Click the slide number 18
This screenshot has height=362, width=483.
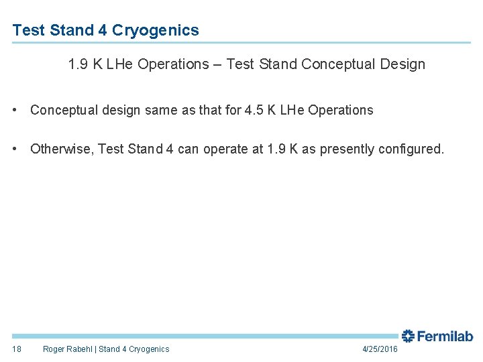coord(17,349)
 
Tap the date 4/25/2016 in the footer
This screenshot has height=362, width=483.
coord(380,349)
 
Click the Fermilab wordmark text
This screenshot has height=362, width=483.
coord(445,337)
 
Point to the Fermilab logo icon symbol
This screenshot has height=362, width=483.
coord(408,336)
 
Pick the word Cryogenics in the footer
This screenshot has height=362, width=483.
coord(149,349)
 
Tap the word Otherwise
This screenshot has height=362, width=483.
coord(61,149)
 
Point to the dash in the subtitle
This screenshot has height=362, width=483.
coord(218,64)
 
